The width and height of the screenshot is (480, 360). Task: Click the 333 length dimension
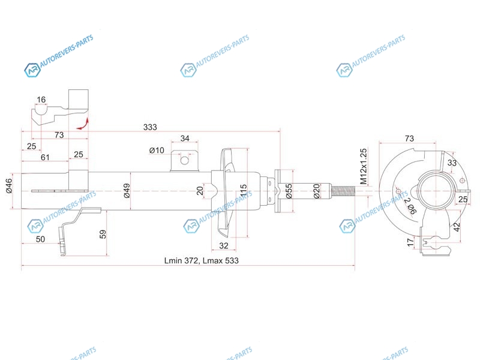150,127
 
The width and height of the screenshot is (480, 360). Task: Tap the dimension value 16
41,100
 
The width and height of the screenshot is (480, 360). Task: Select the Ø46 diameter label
8,185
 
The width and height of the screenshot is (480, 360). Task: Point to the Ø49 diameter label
127,190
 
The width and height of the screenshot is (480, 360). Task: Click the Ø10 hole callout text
157,151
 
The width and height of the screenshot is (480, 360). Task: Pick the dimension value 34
185,139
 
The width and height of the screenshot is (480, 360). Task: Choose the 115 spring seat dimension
244,190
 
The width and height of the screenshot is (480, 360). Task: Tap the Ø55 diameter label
289,191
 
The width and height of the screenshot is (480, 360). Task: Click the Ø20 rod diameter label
316,191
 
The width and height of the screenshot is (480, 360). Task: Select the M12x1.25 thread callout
364,167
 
